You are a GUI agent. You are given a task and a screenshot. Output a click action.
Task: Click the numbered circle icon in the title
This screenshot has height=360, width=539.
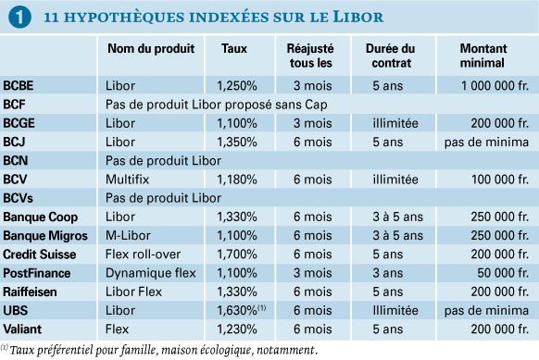(19, 17)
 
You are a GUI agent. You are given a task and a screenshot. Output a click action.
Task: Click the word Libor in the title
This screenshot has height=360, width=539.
(357, 18)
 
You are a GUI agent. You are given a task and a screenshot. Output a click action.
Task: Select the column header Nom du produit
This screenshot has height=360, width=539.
(151, 48)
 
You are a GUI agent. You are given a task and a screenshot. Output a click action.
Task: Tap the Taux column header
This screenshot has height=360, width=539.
(234, 48)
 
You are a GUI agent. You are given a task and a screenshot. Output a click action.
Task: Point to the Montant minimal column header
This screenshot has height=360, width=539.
(483, 56)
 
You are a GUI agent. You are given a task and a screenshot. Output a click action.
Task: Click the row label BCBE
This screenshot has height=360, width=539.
(19, 85)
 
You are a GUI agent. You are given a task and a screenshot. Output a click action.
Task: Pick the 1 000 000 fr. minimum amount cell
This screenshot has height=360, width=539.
(495, 85)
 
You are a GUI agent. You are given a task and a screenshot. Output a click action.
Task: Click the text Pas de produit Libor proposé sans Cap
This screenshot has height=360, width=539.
(216, 105)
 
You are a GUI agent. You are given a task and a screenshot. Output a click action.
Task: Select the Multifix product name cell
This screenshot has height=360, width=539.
(127, 180)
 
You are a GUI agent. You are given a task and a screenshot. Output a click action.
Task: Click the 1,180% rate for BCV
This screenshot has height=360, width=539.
(237, 180)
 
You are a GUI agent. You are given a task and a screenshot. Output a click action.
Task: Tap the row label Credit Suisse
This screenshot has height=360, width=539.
(40, 254)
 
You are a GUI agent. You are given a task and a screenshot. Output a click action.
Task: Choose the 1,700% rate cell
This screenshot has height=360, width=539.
(237, 254)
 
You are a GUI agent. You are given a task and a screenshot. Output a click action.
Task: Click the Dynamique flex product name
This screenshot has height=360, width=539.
(151, 273)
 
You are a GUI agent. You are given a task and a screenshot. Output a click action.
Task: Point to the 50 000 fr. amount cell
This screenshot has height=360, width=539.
(503, 273)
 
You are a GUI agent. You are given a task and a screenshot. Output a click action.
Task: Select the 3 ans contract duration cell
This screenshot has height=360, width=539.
(388, 273)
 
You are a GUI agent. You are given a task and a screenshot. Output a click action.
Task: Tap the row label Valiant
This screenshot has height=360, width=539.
(22, 329)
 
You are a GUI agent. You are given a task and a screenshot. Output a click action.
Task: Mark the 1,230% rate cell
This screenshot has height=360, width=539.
(237, 329)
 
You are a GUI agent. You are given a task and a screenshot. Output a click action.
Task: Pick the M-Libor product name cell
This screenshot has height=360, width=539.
(128, 236)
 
